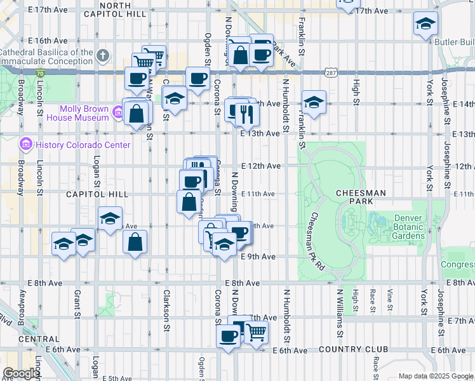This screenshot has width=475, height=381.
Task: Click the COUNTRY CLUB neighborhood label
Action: (x=353, y=350)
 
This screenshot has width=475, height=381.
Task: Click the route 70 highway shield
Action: (x=40, y=74)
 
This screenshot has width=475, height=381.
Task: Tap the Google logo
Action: (x=21, y=373)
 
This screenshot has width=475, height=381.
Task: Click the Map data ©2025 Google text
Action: (x=435, y=376)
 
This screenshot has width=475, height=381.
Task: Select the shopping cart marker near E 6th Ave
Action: (x=255, y=331)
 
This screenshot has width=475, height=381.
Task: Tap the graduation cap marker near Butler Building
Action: (x=425, y=24)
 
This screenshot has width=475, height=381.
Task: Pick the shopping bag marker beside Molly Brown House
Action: (x=137, y=114)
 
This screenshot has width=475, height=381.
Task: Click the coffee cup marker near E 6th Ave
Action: (x=228, y=336)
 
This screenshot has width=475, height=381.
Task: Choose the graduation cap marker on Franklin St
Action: (x=314, y=102)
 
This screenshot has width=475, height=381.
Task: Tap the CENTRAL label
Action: (x=21, y=339)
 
